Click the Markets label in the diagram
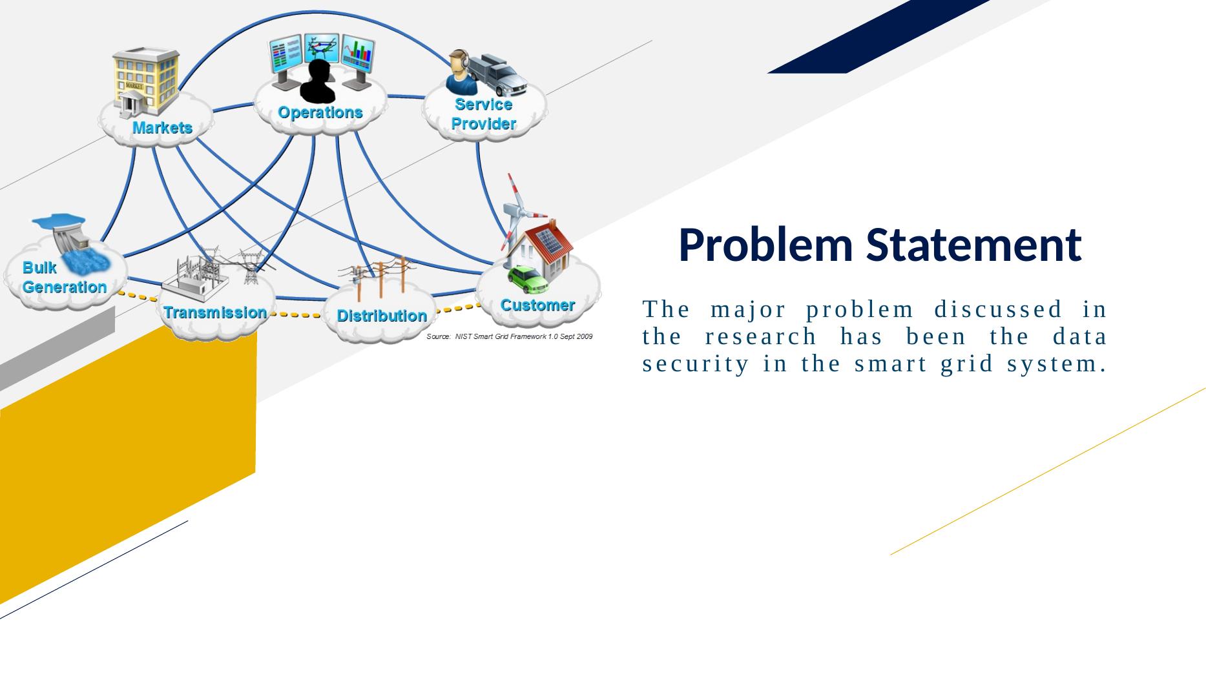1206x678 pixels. [x=162, y=128]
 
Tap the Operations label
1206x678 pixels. [x=320, y=112]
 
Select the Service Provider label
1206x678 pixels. [x=484, y=114]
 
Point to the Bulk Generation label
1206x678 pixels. [x=65, y=277]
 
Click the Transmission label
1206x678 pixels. [x=215, y=313]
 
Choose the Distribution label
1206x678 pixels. [x=382, y=316]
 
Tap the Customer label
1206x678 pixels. [x=537, y=305]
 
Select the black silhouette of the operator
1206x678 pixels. [x=318, y=82]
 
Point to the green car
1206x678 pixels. [x=528, y=279]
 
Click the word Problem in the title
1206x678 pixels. [x=766, y=245]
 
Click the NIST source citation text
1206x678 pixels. [x=510, y=336]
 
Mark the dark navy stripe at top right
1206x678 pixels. [x=879, y=36]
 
